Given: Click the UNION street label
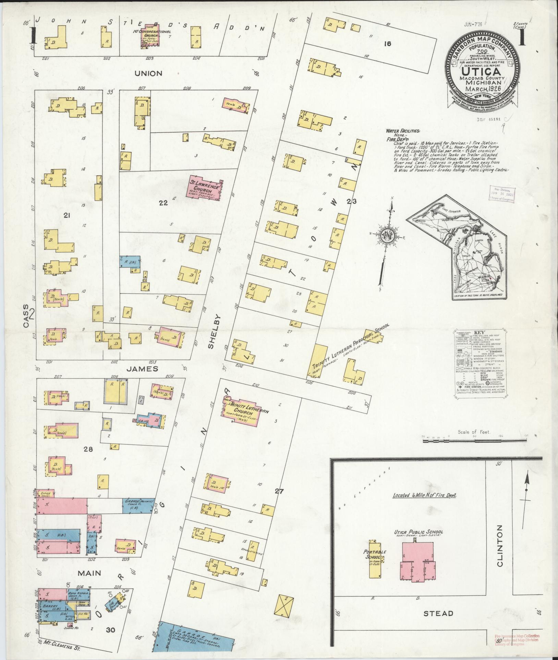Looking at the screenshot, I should pyautogui.click(x=148, y=73).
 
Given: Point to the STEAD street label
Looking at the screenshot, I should pyautogui.click(x=438, y=613).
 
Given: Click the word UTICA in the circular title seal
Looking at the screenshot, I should pyautogui.click(x=482, y=72).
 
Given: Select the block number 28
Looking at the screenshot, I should pyautogui.click(x=88, y=449).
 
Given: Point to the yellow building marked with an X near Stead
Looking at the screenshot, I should pyautogui.click(x=284, y=606).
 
